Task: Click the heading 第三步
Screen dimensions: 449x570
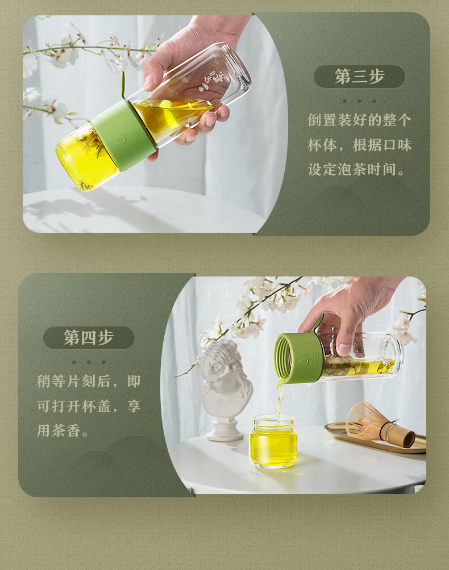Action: click(359, 76)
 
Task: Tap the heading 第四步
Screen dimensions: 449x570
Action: click(89, 337)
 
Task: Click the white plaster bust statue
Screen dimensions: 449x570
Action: click(224, 389)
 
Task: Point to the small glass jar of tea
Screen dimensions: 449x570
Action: click(273, 441)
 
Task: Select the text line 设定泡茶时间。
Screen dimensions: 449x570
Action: click(356, 170)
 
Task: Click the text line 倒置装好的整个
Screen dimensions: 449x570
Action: click(360, 120)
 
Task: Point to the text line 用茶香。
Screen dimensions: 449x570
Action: click(63, 431)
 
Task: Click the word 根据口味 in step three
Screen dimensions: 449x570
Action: click(382, 145)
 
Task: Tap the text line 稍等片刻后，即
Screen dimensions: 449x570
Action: click(89, 382)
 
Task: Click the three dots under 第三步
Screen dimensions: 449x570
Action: click(359, 102)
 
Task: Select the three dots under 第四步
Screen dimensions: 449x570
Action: click(89, 362)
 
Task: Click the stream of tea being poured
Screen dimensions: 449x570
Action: click(280, 398)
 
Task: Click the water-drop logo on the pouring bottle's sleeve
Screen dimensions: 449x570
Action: click(303, 362)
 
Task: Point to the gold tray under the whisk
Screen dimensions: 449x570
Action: click(375, 438)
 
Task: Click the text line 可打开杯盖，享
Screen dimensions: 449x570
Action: click(89, 406)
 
